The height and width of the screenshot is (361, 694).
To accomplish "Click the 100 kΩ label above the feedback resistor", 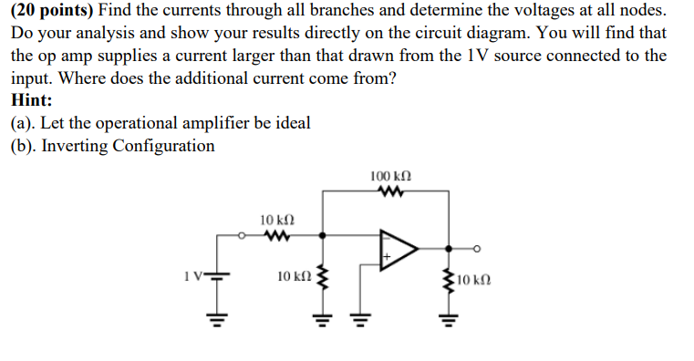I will pyautogui.click(x=391, y=174).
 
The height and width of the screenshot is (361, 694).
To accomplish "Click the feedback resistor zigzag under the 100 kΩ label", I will pyautogui.click(x=391, y=192).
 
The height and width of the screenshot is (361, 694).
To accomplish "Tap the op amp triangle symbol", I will pyautogui.click(x=398, y=248).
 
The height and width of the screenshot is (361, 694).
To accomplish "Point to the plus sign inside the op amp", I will pyautogui.click(x=386, y=259).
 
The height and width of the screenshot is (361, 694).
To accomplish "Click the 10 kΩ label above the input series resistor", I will pyautogui.click(x=276, y=219).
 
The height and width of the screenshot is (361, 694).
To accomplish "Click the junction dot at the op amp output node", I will pyautogui.click(x=448, y=247).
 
